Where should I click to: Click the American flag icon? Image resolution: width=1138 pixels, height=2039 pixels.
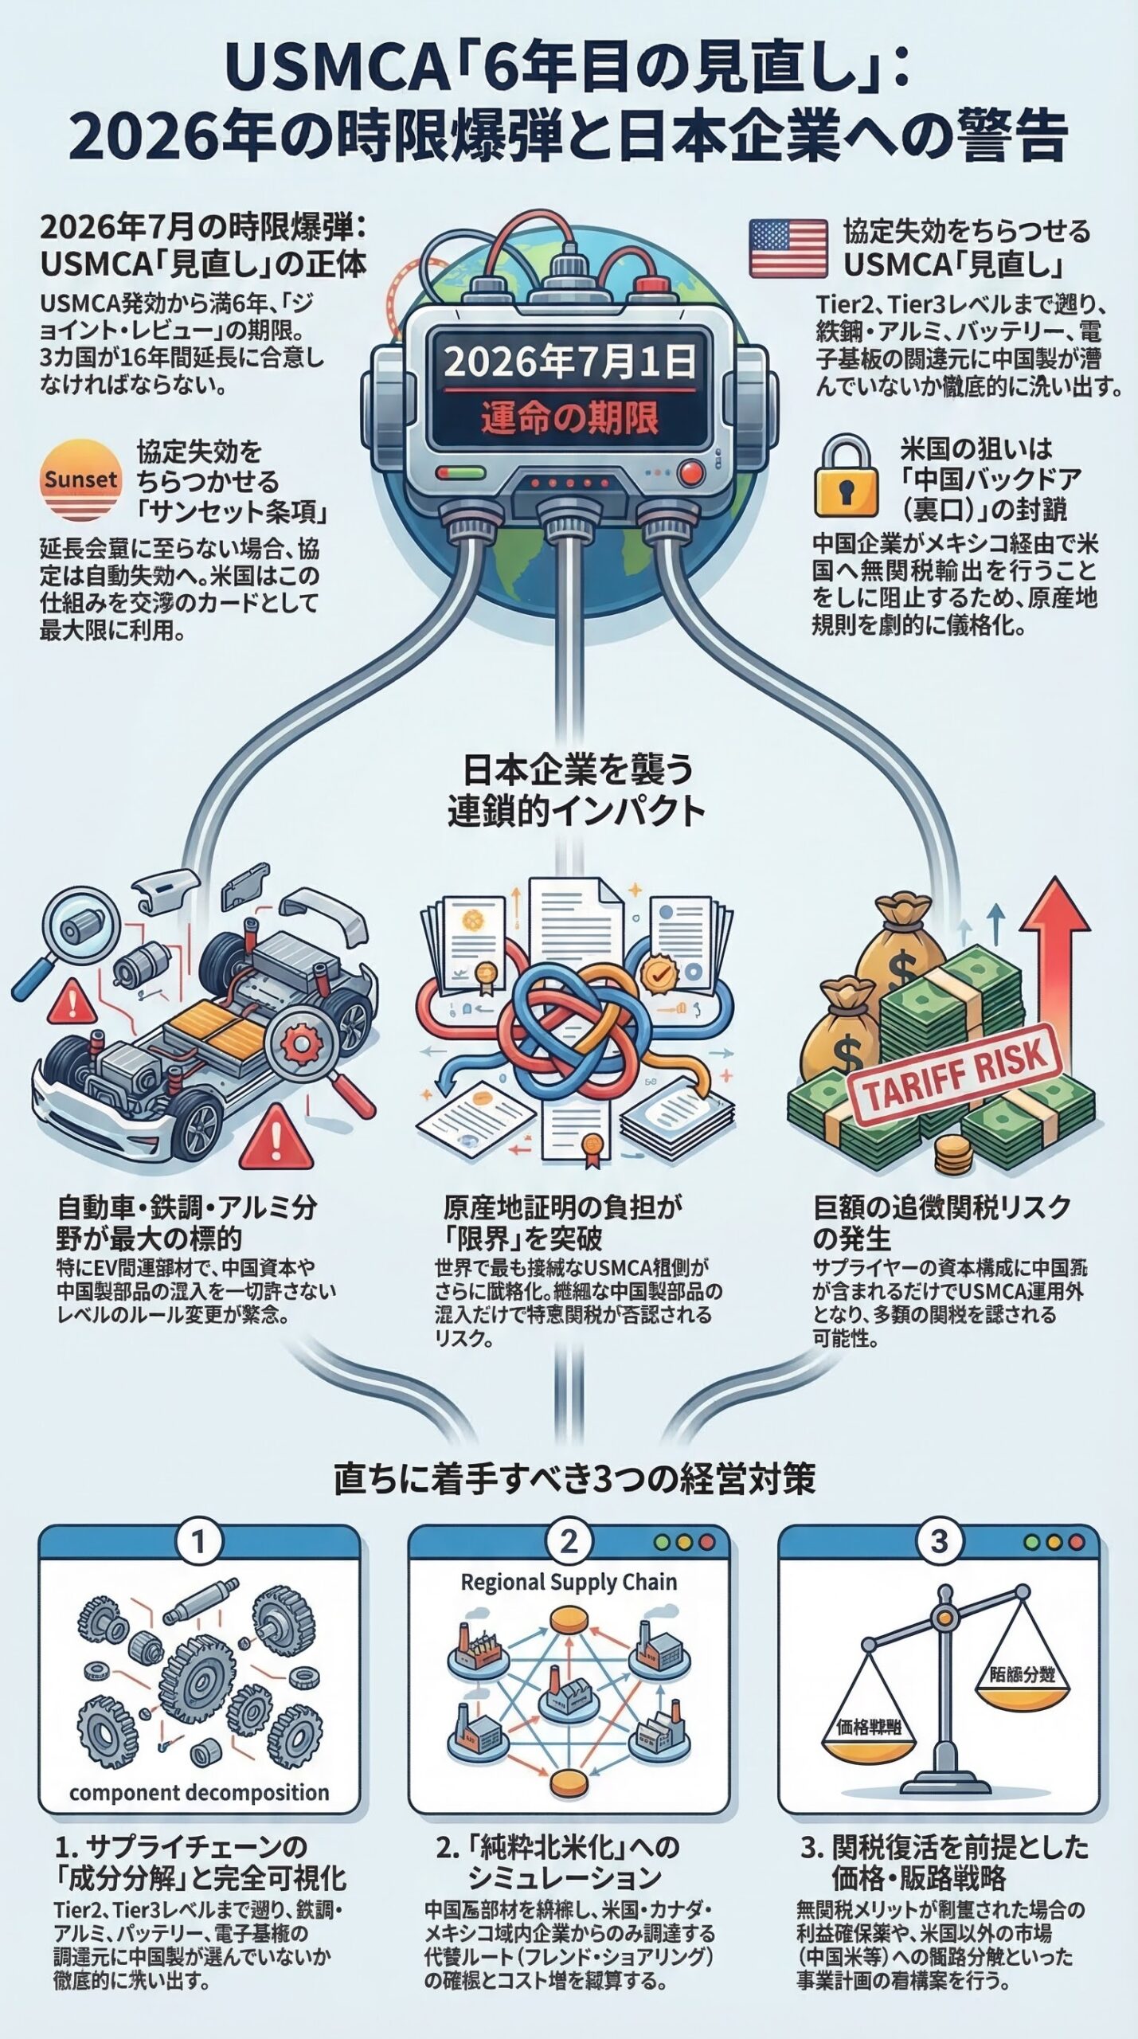[x=788, y=249]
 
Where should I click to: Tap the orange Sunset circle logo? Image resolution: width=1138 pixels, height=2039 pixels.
[x=80, y=479]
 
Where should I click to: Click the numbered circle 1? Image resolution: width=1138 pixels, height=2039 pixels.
[x=198, y=1542]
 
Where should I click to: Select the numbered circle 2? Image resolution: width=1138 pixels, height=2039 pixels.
[x=568, y=1542]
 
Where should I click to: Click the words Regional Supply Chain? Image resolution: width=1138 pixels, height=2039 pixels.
[x=569, y=1583]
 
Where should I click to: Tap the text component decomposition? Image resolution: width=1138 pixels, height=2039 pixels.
[x=199, y=1792]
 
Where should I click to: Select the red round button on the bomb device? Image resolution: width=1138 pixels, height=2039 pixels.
[x=691, y=474]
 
